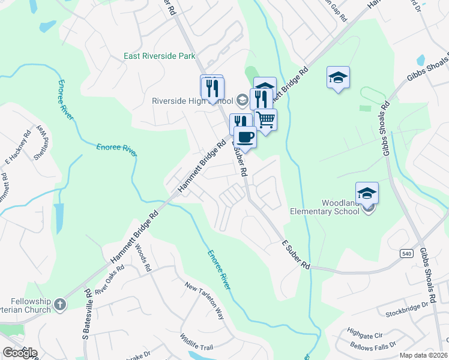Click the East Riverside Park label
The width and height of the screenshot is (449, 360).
click(x=160, y=56)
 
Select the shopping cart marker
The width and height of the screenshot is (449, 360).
click(x=265, y=119)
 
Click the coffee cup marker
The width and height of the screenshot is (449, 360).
click(x=244, y=137)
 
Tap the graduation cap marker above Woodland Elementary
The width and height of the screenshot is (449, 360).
click(x=367, y=193)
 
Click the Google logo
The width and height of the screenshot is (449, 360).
click(x=20, y=353)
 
